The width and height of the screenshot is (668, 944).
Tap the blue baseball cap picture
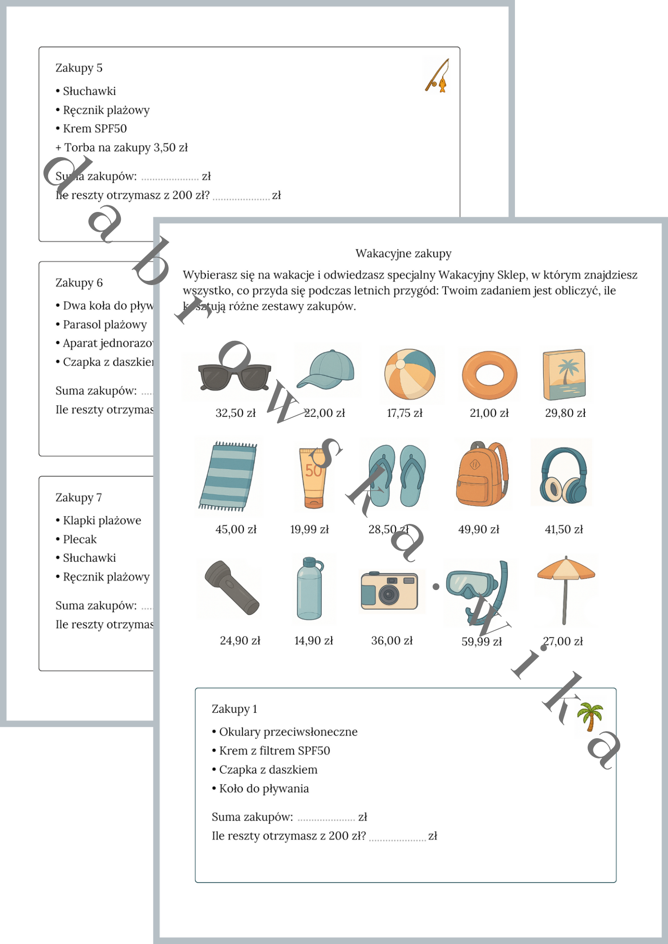pyautogui.click(x=326, y=370)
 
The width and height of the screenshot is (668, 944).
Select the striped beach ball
pyautogui.click(x=410, y=374)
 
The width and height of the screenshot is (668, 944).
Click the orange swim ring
pyautogui.click(x=489, y=375)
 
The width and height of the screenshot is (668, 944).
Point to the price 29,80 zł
pyautogui.click(x=565, y=413)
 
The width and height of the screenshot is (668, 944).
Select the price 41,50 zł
pyautogui.click(x=564, y=530)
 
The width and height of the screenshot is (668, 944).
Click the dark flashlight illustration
pyautogui.click(x=232, y=587)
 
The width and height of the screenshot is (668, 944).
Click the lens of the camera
pyautogui.click(x=389, y=595)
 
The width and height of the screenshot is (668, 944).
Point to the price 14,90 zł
pyautogui.click(x=313, y=641)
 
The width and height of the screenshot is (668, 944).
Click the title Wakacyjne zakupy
pyautogui.click(x=403, y=253)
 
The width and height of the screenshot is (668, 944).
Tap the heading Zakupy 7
pyautogui.click(x=78, y=497)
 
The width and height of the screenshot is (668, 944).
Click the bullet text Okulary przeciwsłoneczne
pyautogui.click(x=288, y=732)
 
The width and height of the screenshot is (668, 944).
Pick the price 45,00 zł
pyautogui.click(x=236, y=530)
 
